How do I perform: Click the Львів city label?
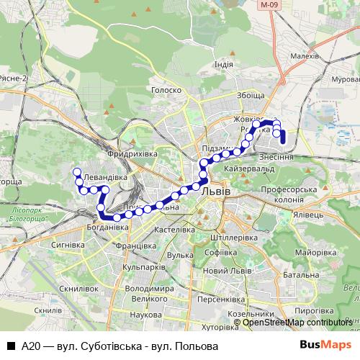(215, 192)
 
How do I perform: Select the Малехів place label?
(304, 55)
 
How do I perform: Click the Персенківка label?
(222, 297)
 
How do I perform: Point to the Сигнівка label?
(61, 245)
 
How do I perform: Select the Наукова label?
(146, 315)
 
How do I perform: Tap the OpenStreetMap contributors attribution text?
(297, 323)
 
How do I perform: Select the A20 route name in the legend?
(30, 346)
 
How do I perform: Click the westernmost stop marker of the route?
(75, 171)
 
